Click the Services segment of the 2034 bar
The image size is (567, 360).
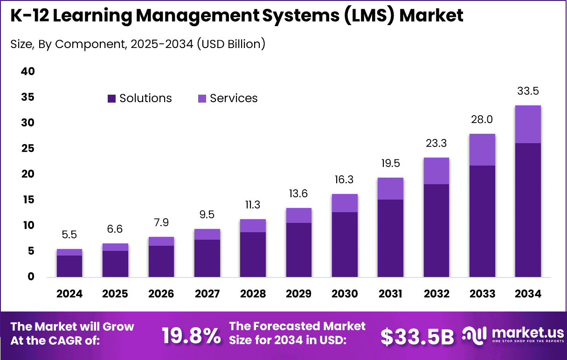click(x=528, y=125)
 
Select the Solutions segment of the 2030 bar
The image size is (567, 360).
click(x=345, y=244)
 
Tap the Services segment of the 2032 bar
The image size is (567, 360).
click(x=436, y=171)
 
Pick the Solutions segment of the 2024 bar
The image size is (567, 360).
click(x=69, y=266)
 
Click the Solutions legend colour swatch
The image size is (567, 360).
click(x=111, y=98)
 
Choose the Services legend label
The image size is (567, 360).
click(x=234, y=98)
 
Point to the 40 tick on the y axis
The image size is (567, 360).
click(x=28, y=72)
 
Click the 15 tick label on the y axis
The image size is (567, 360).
click(x=28, y=200)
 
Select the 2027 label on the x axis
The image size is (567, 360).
click(x=207, y=294)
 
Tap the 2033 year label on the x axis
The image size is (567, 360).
click(x=482, y=294)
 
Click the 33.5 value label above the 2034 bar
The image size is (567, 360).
click(x=528, y=91)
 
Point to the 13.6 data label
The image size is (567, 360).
click(x=299, y=194)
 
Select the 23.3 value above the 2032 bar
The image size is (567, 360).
click(x=436, y=144)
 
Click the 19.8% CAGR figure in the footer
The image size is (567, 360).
click(x=191, y=336)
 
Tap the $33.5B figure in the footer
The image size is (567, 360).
click(x=417, y=337)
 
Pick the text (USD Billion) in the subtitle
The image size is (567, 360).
click(x=231, y=44)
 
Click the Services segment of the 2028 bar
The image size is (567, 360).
click(x=253, y=226)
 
